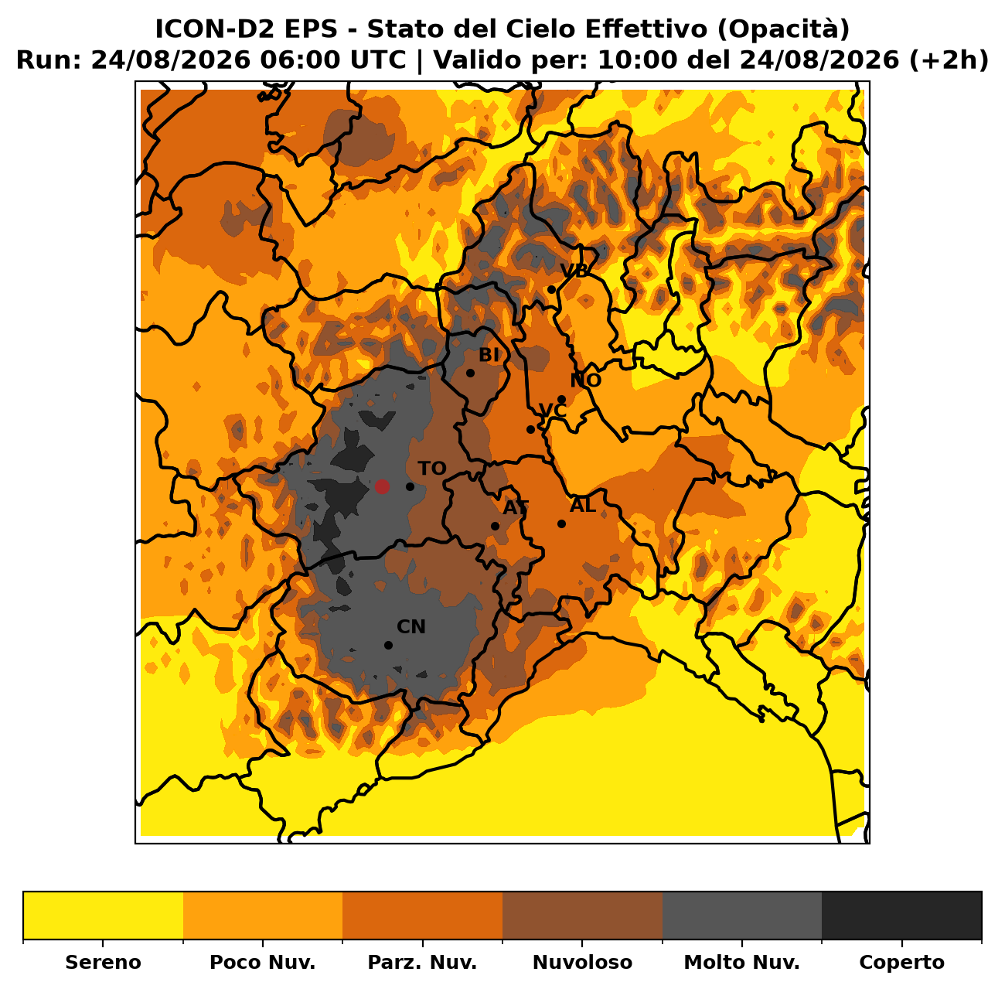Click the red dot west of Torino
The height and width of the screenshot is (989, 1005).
[x=382, y=486]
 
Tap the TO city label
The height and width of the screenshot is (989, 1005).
[x=432, y=469]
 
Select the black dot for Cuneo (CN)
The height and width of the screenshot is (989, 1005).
[x=388, y=645]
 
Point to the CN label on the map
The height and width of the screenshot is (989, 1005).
[x=411, y=627]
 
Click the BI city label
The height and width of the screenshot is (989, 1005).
[x=489, y=355]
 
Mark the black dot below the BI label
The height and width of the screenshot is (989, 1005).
[x=470, y=373]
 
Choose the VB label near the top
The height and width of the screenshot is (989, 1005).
[x=574, y=271]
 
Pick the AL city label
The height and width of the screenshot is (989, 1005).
[x=583, y=505]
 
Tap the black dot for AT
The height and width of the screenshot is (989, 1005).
[x=495, y=526]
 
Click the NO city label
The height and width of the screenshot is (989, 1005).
[x=585, y=380]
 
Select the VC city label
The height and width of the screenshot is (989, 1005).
[x=553, y=410]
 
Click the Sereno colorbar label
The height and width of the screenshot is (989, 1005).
[x=103, y=962]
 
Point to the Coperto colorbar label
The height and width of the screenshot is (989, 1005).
[x=901, y=962]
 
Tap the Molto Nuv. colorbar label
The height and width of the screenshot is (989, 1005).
[x=741, y=962]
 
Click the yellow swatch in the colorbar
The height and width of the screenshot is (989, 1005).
[x=104, y=915]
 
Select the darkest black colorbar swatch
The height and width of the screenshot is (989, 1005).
[x=901, y=915]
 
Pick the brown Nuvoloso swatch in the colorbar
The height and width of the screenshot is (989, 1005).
[x=582, y=915]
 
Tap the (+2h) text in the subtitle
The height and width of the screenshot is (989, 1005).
[x=949, y=60]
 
